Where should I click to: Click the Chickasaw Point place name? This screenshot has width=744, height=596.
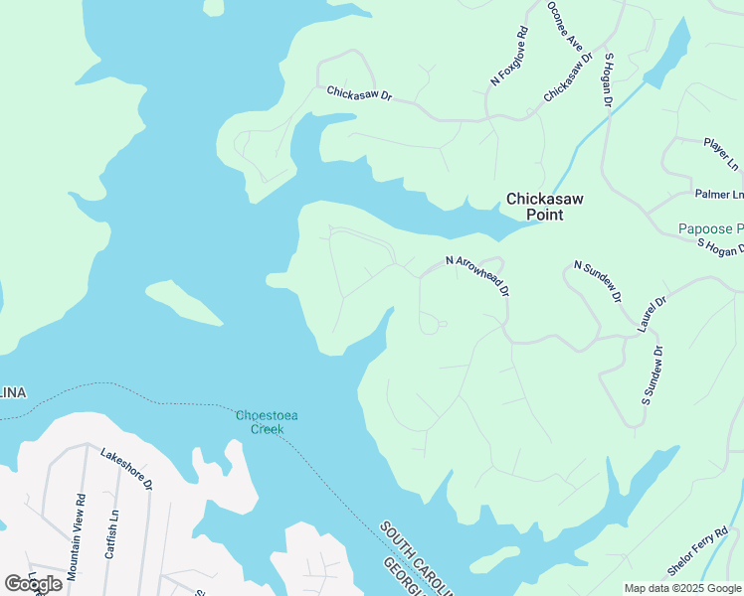coord(544,207)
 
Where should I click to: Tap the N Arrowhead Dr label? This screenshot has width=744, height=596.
coord(477,276)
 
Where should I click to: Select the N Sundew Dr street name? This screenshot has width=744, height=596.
coord(598,281)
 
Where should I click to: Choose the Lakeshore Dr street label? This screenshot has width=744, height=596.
coord(126,468)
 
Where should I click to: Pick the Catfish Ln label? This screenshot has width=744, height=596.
coord(111,535)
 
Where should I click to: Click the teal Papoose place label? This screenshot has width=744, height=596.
coord(710,228)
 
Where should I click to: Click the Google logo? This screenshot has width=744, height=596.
coord(33,583)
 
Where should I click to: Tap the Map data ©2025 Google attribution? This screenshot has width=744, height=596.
coord(682,588)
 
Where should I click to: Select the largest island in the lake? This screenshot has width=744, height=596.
coord(184,304)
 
